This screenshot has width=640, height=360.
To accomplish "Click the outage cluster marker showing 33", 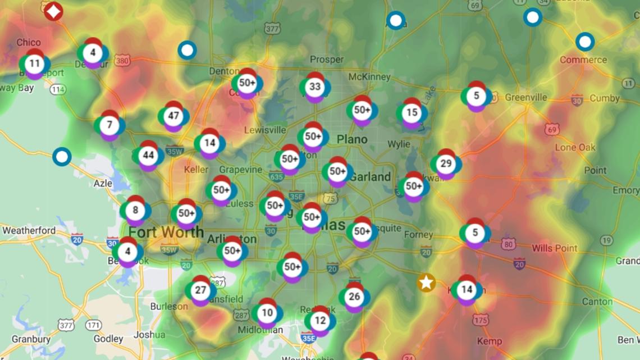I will tap(315, 87).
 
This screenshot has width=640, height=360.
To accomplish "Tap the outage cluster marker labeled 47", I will tap(173, 116).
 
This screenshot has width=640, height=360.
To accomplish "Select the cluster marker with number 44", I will tap(148, 156).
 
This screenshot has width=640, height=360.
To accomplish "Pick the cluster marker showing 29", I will tap(446, 164).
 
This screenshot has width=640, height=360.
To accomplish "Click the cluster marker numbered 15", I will tap(412, 113).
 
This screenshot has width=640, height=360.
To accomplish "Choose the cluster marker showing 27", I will tap(200, 290).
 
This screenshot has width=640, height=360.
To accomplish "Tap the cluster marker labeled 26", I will tap(354, 297).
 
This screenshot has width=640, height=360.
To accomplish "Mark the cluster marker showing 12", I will tap(320, 321).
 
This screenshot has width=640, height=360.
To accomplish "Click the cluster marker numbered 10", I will tap(267, 313).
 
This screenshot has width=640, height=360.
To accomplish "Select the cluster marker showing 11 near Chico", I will tap(34, 63).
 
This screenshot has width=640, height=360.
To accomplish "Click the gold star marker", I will tap(427, 282).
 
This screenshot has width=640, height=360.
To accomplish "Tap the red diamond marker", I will tap(53, 10).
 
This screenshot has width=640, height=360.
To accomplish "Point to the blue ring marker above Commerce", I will tap(585, 42).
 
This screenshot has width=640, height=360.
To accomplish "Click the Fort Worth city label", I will tap(166, 231).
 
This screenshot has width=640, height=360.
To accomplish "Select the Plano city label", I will tap(352, 139).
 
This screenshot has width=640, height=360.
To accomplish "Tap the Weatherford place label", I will tap(29, 230).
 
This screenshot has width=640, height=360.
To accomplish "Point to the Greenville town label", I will tap(525, 97).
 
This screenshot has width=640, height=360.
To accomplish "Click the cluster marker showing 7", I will tap(109, 125).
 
